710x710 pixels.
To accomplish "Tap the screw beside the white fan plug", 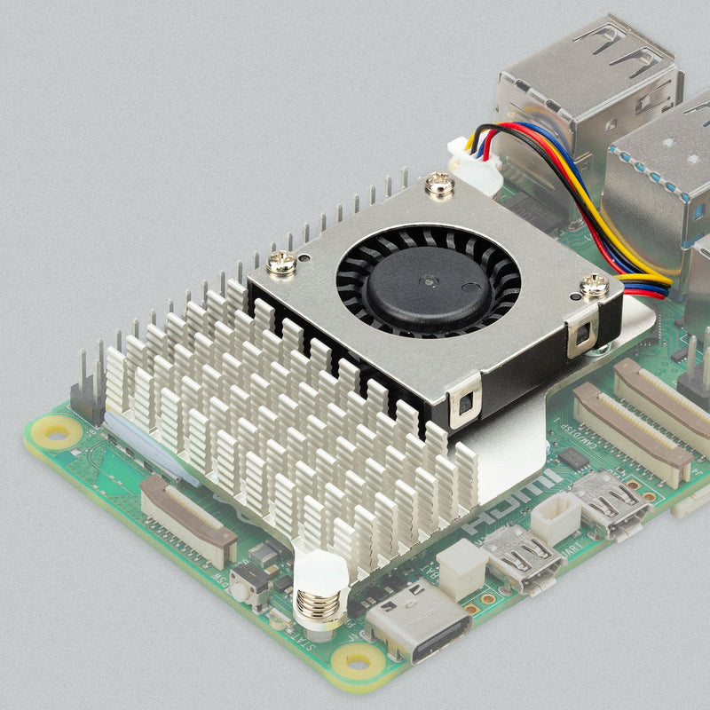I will click(x=438, y=185).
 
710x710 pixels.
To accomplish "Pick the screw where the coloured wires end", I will click(x=595, y=286).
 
